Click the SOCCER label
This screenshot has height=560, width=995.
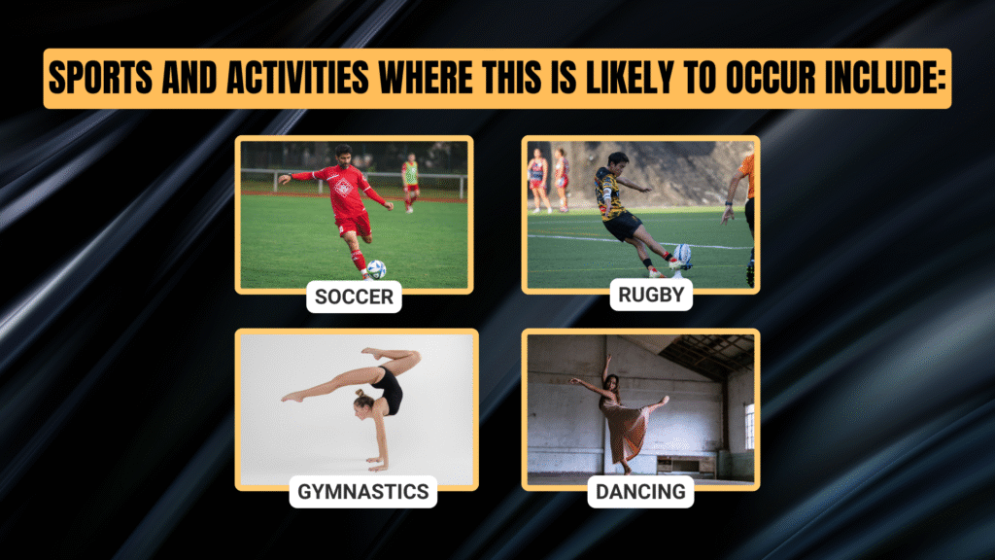point(354,297)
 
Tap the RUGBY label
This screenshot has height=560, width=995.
point(651,295)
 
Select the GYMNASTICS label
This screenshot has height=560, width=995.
point(363,491)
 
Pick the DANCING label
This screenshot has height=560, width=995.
point(640,491)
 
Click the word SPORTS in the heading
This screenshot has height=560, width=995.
point(100,78)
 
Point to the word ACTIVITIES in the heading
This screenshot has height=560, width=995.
point(297,78)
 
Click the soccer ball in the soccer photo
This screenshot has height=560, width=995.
point(376,269)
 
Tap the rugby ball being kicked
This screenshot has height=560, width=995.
point(683,256)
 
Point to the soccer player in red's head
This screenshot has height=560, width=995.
point(343,155)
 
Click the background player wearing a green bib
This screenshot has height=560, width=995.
point(411,182)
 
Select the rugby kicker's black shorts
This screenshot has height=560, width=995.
point(623,226)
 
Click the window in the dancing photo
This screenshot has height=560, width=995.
point(749,427)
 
